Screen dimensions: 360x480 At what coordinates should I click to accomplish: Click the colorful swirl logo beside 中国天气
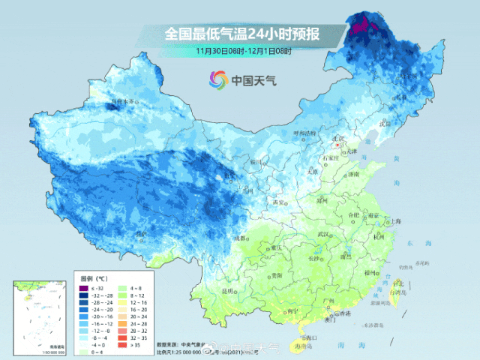click(x=217, y=79)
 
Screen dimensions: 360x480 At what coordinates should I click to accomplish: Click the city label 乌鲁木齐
click(x=122, y=101)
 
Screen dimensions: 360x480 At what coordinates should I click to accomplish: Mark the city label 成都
click(x=239, y=238)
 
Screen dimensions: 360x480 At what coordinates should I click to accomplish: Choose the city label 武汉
click(x=324, y=235)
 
